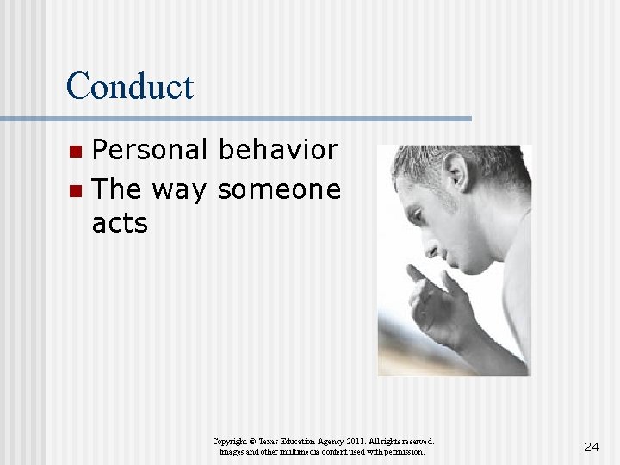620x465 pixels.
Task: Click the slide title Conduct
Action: (x=130, y=86)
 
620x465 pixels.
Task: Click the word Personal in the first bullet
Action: (x=150, y=150)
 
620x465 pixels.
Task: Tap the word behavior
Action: (x=278, y=150)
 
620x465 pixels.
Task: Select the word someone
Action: (x=279, y=189)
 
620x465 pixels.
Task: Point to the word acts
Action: (x=120, y=224)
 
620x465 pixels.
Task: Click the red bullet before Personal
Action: (x=76, y=152)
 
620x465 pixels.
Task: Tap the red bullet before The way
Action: (x=76, y=190)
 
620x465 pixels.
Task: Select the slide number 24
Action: (x=592, y=446)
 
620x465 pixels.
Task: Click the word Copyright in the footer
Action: (x=231, y=441)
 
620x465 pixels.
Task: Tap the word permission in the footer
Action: (x=403, y=451)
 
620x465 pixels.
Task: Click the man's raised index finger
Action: (x=418, y=274)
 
